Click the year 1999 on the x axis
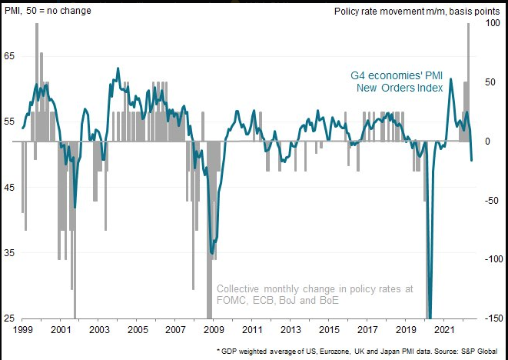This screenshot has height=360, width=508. (22, 329)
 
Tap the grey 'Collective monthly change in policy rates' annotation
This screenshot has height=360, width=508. (315, 295)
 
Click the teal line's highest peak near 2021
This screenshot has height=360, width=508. (450, 78)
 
